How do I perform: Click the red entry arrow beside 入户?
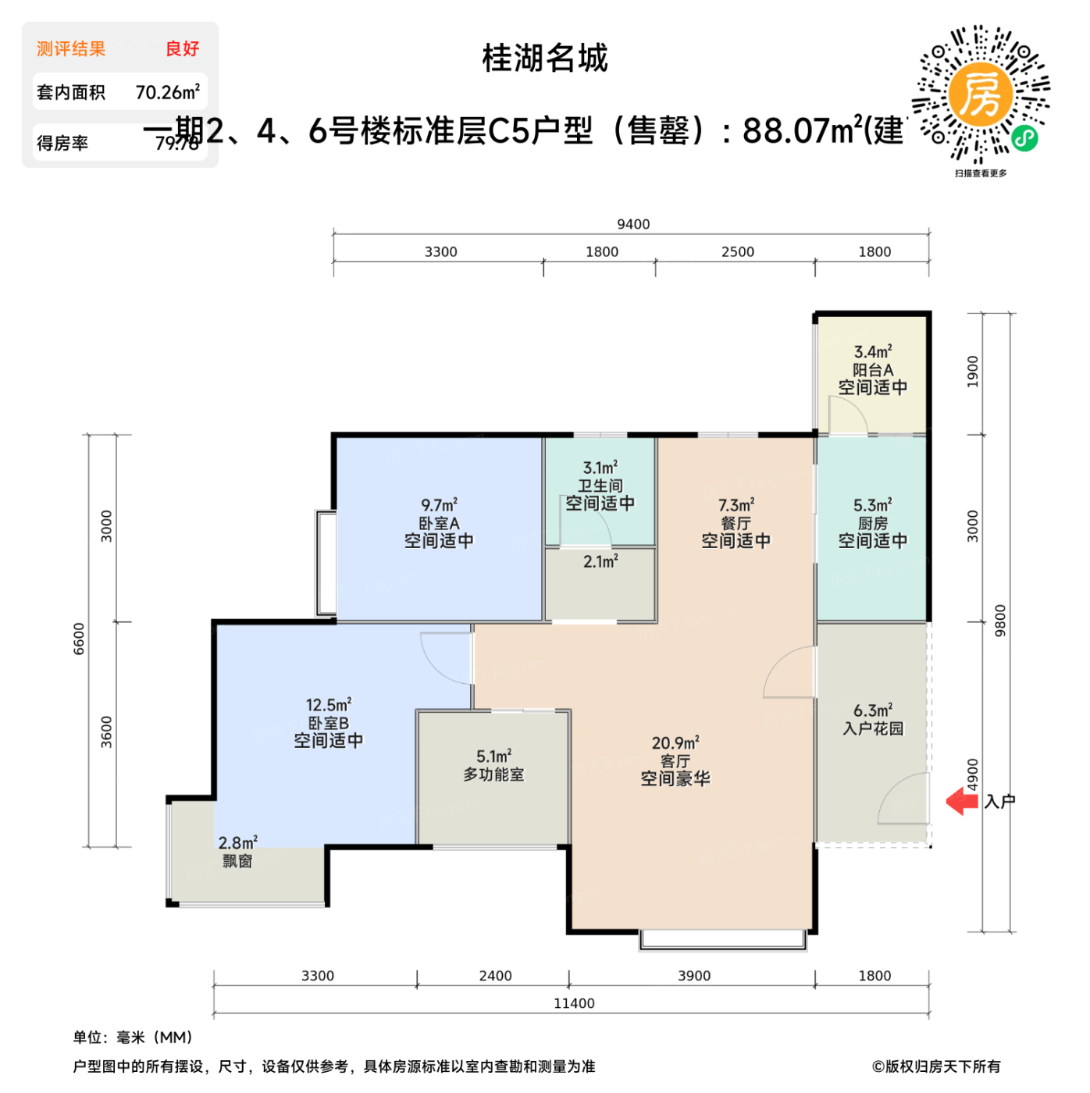point(962,802)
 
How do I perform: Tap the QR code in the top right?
point(981,95)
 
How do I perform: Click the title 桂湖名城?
point(544,59)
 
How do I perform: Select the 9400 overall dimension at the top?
point(633,224)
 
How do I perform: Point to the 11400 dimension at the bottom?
point(574,1003)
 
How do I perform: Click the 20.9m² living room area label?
point(675,742)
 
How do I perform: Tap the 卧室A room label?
point(439,523)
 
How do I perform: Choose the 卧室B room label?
point(328,723)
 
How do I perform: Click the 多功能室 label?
point(493,774)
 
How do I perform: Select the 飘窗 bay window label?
point(237,861)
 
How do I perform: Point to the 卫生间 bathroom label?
point(600,486)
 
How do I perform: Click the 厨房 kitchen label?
point(872,523)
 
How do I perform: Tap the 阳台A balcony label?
point(872,370)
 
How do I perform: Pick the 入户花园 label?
point(873,728)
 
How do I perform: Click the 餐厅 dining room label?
point(736,523)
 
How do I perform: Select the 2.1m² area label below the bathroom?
point(600,561)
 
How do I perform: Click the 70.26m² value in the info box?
point(167,92)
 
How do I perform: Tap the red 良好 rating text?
point(182,48)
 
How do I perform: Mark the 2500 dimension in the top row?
point(737,251)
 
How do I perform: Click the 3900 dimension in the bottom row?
point(693,976)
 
